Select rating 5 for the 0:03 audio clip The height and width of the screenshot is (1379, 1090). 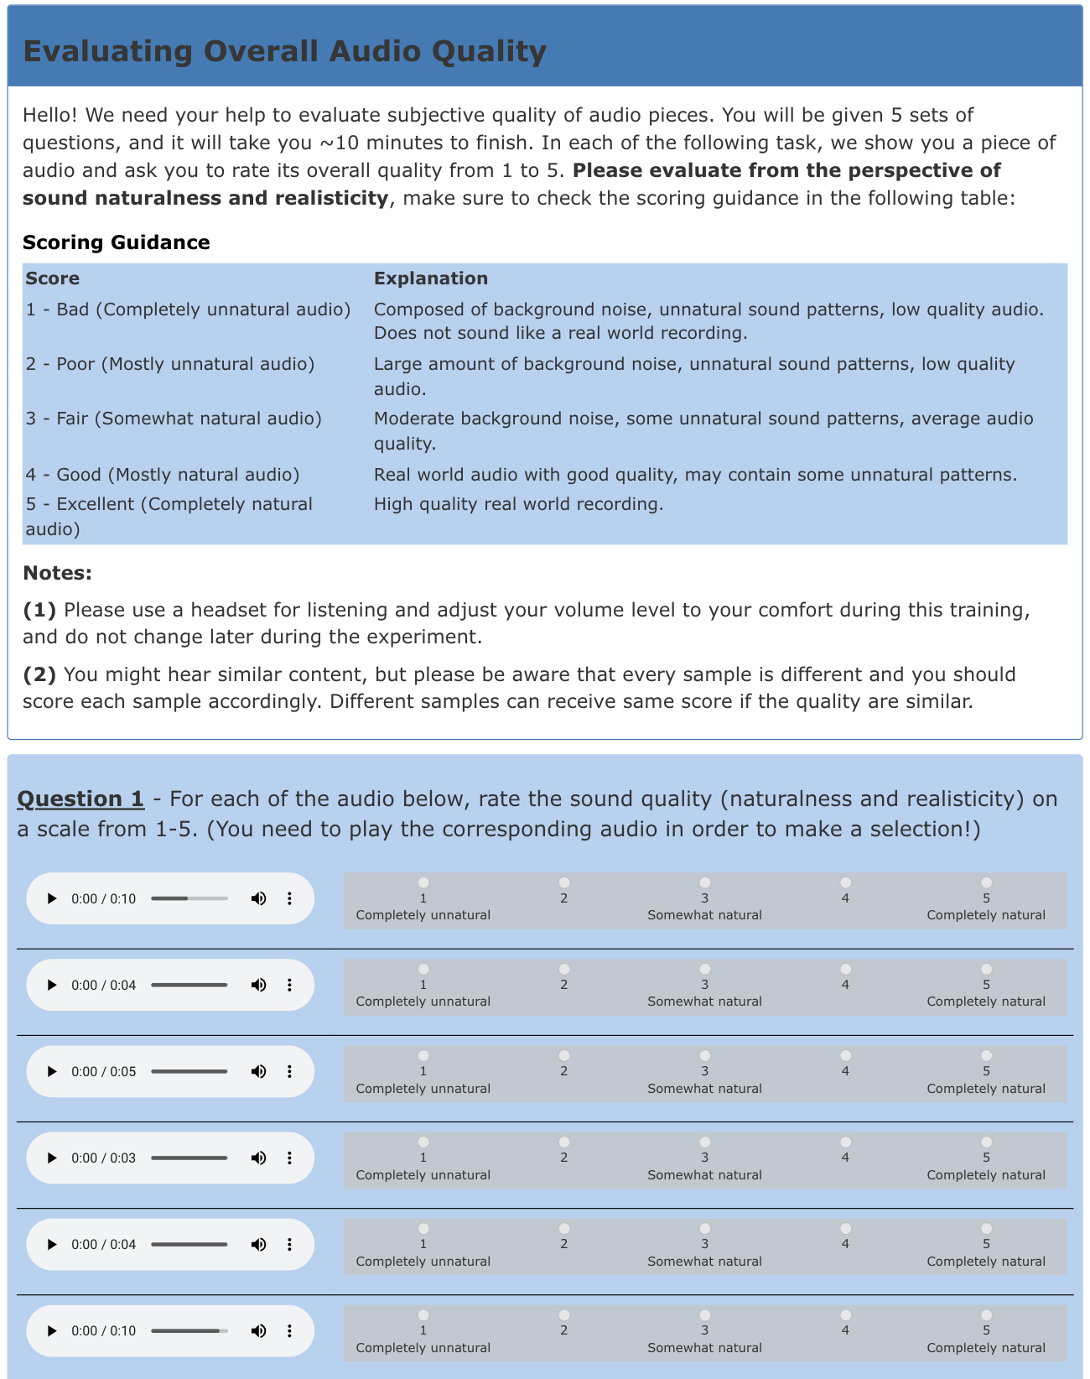pos(986,1142)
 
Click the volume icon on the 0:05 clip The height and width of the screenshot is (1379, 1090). pos(258,1071)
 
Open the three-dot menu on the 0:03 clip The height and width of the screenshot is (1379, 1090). pos(289,1158)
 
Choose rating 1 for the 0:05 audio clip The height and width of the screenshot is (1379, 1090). pos(423,1055)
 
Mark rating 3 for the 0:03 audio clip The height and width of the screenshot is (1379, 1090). pos(705,1142)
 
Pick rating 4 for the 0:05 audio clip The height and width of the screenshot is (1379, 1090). pos(845,1055)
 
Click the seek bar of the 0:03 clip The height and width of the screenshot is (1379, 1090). pos(189,1158)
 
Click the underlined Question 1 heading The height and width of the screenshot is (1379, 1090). pos(80,799)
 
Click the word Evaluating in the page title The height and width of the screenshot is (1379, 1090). pos(107,51)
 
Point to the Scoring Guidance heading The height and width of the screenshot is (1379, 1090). pos(116,242)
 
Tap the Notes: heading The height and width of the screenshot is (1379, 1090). pos(57,573)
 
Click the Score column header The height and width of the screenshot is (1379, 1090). pos(52,278)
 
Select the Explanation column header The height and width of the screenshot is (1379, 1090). pos(430,278)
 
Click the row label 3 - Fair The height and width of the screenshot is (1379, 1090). pos(173,419)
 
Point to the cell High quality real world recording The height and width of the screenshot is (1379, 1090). pos(518,504)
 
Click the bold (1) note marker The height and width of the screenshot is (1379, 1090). pos(39,610)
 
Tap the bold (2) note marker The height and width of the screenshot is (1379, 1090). pos(39,674)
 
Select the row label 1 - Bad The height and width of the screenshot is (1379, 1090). pos(187,310)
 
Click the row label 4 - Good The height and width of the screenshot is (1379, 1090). pos(162,475)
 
